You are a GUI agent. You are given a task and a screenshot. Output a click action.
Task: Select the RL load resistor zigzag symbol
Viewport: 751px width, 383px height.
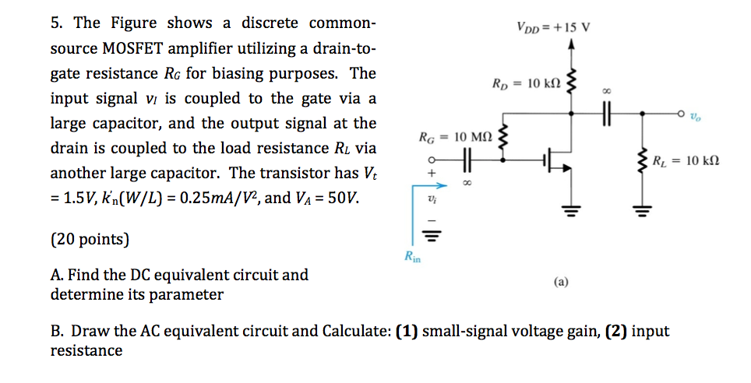coord(642,161)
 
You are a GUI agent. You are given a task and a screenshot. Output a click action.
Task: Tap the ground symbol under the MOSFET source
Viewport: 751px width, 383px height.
coord(573,208)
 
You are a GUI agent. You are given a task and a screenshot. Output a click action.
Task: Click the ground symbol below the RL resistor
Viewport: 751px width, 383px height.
coord(642,208)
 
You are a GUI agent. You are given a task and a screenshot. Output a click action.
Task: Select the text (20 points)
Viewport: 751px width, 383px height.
coord(90,239)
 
